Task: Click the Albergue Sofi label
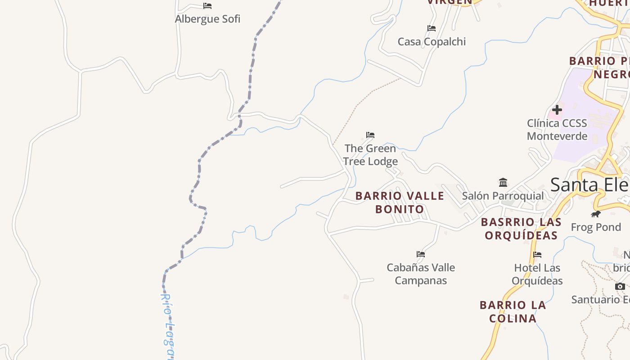[x=207, y=19]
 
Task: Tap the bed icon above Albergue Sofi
[x=207, y=6]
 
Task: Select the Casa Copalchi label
[x=432, y=42]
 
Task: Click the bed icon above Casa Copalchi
[x=432, y=28]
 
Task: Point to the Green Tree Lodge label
[x=370, y=155]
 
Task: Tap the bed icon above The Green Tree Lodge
[x=370, y=135]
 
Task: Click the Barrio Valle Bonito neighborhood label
[x=400, y=202]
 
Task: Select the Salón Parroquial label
[x=503, y=196]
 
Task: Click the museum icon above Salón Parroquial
[x=503, y=183]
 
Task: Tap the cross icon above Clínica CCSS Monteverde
[x=557, y=110]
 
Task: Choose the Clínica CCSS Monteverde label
[x=557, y=130]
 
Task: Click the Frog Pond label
[x=596, y=227]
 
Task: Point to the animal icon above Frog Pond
[x=596, y=214]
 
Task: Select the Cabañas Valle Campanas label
[x=421, y=274]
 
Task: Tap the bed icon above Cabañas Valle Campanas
[x=421, y=254]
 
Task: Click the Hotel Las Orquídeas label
[x=537, y=274]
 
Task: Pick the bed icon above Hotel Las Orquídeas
[x=537, y=255]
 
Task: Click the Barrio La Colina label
[x=513, y=312]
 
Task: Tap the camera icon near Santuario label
[x=620, y=286]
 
